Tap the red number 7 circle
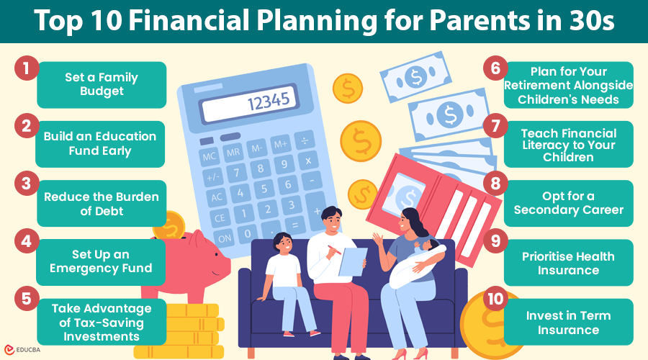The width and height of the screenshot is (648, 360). [493, 127]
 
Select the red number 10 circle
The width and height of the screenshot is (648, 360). [493, 302]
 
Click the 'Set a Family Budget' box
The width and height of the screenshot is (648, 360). [102, 85]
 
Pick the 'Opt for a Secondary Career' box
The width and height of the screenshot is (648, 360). [568, 203]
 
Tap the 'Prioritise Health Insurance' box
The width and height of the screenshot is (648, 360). [568, 263]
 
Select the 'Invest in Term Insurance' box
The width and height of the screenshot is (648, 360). [568, 322]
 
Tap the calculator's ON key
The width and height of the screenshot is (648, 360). [224, 237]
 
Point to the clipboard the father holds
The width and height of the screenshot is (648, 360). [354, 260]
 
